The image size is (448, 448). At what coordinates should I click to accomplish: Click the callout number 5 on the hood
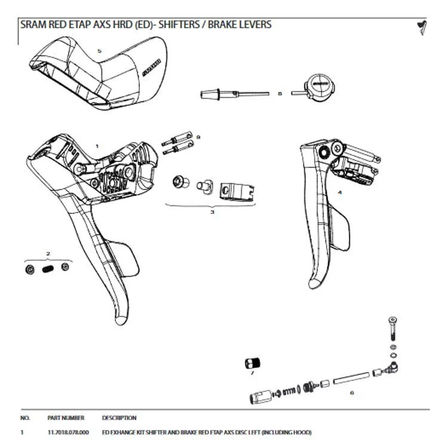pyautogui.click(x=100, y=51)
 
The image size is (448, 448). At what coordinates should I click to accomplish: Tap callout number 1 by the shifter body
pyautogui.click(x=97, y=145)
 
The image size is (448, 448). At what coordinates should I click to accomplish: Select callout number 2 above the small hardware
pyautogui.click(x=48, y=254)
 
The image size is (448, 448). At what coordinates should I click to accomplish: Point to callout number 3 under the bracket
pyautogui.click(x=212, y=211)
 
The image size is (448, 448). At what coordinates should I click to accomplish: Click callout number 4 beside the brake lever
pyautogui.click(x=339, y=192)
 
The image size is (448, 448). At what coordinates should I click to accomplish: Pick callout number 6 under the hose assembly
pyautogui.click(x=352, y=392)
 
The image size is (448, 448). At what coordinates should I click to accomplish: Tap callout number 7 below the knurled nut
pyautogui.click(x=252, y=373)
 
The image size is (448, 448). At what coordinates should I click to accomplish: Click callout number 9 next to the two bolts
pyautogui.click(x=198, y=137)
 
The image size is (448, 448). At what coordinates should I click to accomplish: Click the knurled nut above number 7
pyautogui.click(x=251, y=362)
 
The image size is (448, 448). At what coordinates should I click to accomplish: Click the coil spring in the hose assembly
pyautogui.click(x=289, y=392)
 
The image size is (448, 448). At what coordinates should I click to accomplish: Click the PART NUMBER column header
pyautogui.click(x=66, y=418)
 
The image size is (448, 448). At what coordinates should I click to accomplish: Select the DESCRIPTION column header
pyautogui.click(x=119, y=418)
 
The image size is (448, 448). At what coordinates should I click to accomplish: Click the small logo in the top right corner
pyautogui.click(x=422, y=26)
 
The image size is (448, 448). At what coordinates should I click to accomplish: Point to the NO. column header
pyautogui.click(x=25, y=418)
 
